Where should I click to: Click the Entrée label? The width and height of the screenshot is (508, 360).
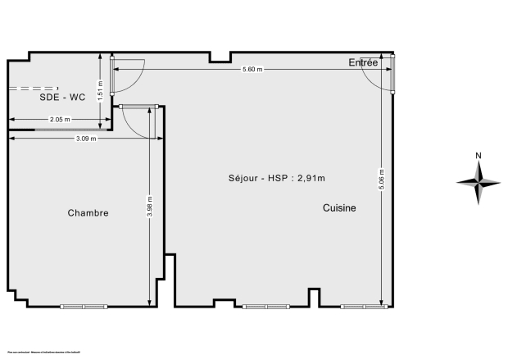[x=363, y=62]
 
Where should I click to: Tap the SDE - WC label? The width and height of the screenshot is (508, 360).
[x=62, y=97]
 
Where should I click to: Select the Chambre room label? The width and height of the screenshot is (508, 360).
[x=88, y=212]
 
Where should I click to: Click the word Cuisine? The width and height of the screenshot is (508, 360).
[x=339, y=208]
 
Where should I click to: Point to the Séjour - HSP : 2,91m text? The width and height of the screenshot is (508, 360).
[x=270, y=177]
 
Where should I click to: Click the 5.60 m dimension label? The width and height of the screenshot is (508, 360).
[x=252, y=70]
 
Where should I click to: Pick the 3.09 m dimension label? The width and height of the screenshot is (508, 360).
[x=86, y=139]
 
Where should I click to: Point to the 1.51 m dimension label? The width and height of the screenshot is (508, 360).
[x=101, y=89]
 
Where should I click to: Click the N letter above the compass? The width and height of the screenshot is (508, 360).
[x=479, y=156]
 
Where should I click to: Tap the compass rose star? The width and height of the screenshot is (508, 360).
[x=479, y=183]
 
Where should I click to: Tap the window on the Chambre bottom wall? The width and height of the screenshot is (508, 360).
[x=84, y=307]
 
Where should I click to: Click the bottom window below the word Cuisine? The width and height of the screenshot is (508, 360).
[x=364, y=307]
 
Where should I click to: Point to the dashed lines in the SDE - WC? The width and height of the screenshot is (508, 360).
[x=33, y=88]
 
